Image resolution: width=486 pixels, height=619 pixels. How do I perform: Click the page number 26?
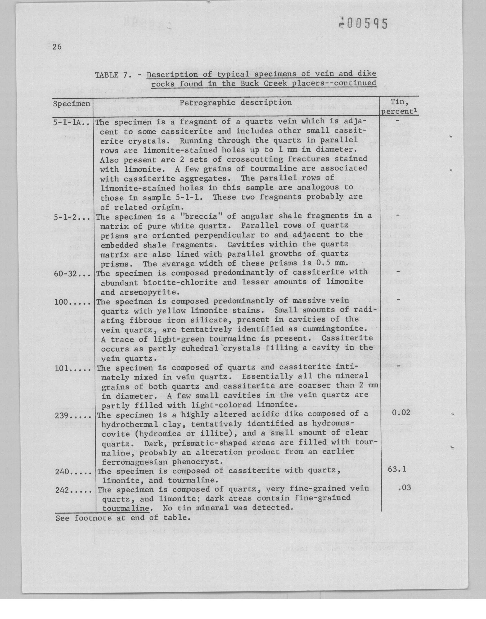pyautogui.click(x=57, y=47)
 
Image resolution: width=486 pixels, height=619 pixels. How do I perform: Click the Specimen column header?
pyautogui.click(x=72, y=104)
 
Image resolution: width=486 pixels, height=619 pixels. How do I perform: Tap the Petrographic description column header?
pyautogui.click(x=236, y=102)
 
